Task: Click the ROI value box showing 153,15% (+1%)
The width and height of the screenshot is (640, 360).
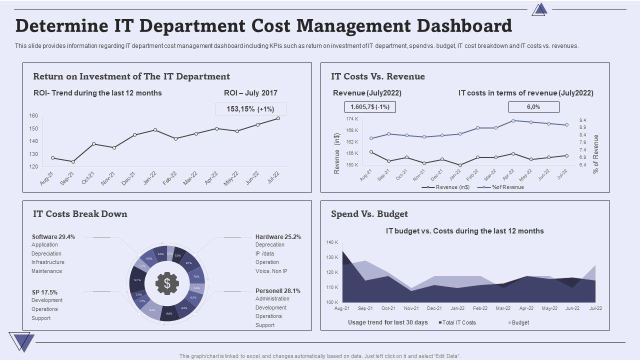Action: [x=250, y=109]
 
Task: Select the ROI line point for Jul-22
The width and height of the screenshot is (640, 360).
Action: [x=278, y=118]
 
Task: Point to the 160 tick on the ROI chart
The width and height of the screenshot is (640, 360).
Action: [x=33, y=115]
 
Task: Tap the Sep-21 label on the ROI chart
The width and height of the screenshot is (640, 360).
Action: [x=67, y=178]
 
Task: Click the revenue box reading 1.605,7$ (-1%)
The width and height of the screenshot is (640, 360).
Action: [x=370, y=107]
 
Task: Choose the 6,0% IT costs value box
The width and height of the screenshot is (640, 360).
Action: [x=533, y=107]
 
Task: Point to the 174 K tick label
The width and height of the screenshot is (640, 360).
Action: [x=352, y=119]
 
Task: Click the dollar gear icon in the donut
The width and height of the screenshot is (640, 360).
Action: [x=167, y=283]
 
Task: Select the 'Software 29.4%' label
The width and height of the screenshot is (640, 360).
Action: [x=53, y=236]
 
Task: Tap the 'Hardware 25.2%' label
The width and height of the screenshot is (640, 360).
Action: [x=278, y=236]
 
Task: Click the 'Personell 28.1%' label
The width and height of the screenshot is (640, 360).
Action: [x=278, y=290]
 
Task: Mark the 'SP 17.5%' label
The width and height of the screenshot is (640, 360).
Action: [x=44, y=292]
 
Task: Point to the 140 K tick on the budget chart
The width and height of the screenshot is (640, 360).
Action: [x=332, y=242]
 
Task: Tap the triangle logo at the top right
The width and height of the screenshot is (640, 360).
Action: [x=539, y=9]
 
